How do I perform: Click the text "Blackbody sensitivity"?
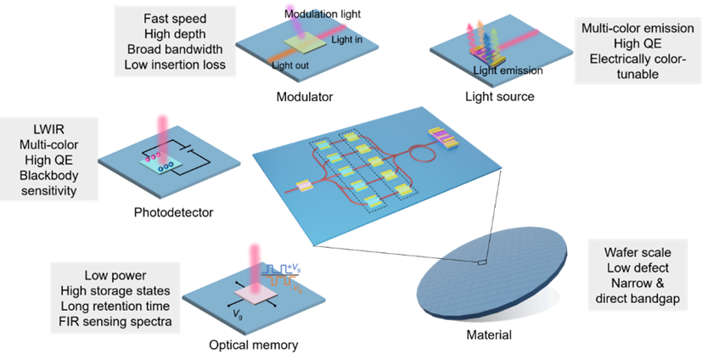click(50, 183)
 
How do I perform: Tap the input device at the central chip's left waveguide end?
click(301, 185)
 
